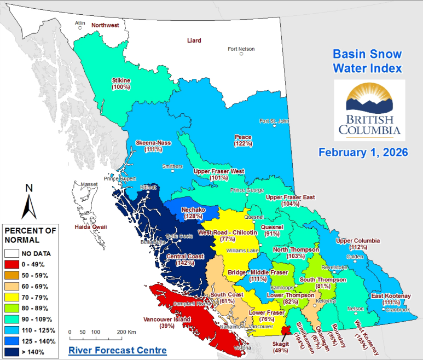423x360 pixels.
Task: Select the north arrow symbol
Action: coord(29,202)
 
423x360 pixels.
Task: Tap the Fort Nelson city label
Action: coord(241,49)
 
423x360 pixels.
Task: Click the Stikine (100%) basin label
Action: coord(120,83)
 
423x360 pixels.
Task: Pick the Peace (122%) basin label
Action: coord(242,140)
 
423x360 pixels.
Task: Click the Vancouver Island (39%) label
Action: coord(167,322)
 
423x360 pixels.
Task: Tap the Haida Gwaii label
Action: coord(91,227)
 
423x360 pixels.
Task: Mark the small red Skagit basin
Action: coord(285,330)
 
